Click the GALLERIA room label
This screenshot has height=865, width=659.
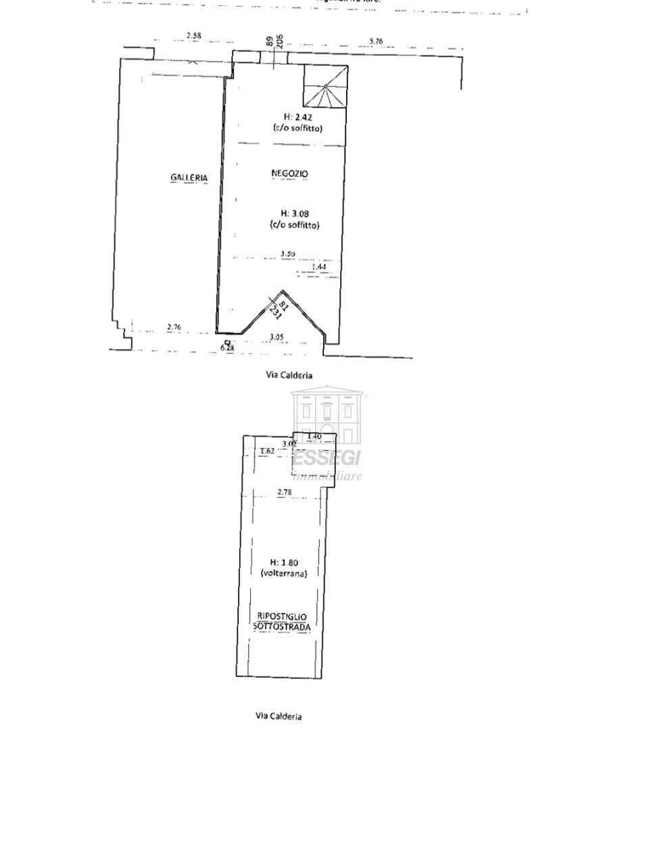[189, 178]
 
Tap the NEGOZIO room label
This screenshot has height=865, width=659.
[289, 174]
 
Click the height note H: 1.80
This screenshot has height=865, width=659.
[284, 562]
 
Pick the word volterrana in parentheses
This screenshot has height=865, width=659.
[284, 573]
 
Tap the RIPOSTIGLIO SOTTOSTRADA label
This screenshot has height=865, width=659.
[283, 622]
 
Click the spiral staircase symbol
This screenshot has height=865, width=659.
[326, 86]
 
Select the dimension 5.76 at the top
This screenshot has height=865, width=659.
[376, 41]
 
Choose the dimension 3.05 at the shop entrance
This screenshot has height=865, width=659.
[276, 337]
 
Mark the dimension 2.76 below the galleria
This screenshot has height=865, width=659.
[174, 328]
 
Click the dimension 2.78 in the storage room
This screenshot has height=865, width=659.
[285, 492]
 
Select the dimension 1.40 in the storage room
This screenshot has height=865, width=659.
[314, 437]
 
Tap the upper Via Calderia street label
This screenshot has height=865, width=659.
[289, 375]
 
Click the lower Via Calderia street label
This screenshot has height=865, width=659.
[278, 716]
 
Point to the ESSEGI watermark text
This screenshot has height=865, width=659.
[328, 458]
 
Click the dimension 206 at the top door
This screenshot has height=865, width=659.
[279, 41]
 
